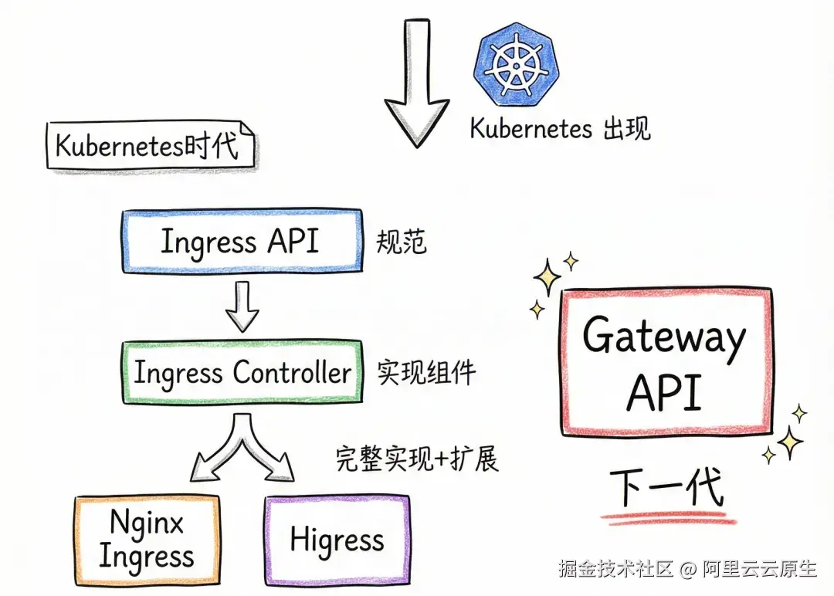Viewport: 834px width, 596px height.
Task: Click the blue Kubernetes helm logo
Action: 516,64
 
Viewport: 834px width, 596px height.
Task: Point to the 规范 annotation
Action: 402,242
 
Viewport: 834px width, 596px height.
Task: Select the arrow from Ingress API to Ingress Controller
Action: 242,306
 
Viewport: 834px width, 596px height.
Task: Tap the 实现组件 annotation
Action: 426,372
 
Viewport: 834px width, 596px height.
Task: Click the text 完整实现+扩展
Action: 417,459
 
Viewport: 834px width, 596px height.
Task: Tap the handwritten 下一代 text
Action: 667,488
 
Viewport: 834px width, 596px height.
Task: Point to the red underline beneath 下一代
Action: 669,518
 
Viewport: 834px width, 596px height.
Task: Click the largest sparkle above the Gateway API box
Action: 548,277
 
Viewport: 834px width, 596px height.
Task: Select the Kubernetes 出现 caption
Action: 560,129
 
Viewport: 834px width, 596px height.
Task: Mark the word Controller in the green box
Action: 292,371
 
